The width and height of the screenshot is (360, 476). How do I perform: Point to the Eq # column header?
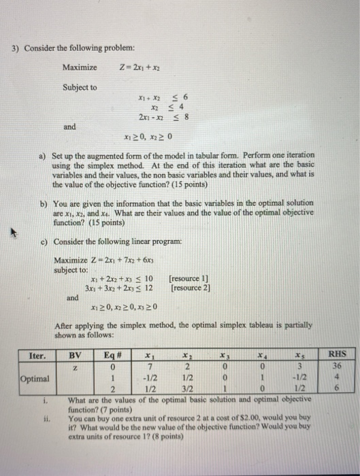[x=112, y=354]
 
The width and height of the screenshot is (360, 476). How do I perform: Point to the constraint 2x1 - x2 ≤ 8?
[x=163, y=117]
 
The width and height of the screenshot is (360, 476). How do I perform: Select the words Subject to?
[x=80, y=87]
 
